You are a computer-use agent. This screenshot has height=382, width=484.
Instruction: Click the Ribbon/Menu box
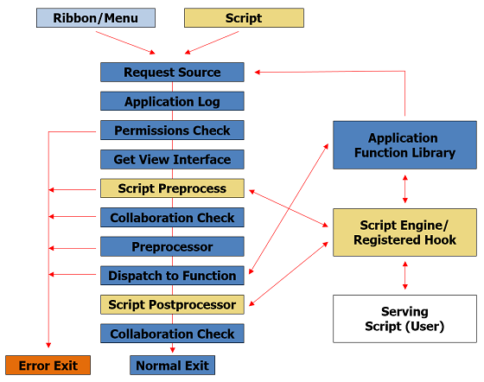(x=96, y=18)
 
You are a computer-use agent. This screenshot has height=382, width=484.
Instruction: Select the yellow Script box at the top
(x=244, y=18)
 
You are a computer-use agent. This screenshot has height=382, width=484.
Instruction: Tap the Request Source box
(x=172, y=73)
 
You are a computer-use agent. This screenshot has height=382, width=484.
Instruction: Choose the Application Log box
(x=172, y=101)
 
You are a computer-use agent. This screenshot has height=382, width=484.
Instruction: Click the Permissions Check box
(x=172, y=131)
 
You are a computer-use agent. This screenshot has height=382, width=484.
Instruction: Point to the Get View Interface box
(x=172, y=160)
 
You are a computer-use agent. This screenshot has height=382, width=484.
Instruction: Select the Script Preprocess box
(x=172, y=188)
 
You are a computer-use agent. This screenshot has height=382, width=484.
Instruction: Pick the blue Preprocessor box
(x=172, y=246)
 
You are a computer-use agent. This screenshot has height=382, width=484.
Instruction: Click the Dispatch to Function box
(x=172, y=276)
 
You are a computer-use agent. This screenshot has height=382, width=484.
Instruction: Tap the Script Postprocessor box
(x=172, y=304)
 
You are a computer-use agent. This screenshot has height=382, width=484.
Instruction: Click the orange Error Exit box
(x=48, y=366)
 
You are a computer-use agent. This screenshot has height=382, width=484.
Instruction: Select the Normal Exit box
(x=172, y=366)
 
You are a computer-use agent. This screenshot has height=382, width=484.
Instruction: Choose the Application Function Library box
(x=404, y=145)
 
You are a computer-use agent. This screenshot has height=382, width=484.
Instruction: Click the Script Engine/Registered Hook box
(x=404, y=232)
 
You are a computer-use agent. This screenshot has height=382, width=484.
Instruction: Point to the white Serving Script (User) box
(x=404, y=319)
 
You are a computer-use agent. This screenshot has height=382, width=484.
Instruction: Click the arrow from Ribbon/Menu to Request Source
(x=125, y=43)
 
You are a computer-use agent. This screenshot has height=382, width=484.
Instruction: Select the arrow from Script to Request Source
(x=212, y=43)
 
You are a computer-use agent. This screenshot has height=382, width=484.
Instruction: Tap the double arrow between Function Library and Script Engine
(x=405, y=189)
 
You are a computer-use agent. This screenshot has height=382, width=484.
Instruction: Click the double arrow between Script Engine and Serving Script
(x=405, y=276)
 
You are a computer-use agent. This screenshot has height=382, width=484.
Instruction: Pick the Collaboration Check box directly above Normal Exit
(x=172, y=334)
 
